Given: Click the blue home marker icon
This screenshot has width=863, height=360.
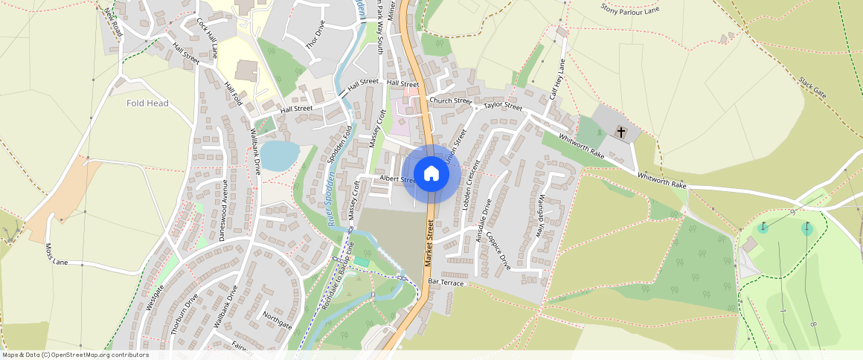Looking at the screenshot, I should coord(431,174).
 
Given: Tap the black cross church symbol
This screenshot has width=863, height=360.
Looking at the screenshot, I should coord(621,132).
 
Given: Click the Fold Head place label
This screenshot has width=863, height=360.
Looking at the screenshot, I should coord(147,103).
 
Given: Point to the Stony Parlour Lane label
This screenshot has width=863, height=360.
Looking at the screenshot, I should coord(630,8).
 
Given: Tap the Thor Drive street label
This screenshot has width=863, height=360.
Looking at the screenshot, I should coord(315,35).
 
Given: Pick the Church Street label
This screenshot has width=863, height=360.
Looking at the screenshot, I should coord(450,101).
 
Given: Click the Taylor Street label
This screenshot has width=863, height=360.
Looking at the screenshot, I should coord(503,106).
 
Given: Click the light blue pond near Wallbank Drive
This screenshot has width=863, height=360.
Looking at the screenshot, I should coord(279,155).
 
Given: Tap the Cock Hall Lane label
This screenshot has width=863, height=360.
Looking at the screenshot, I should coord(206,38).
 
